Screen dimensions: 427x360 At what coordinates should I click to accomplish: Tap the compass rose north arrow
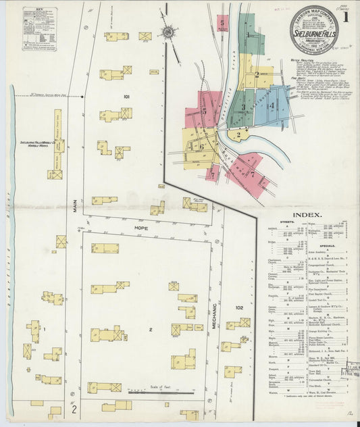point(168,31)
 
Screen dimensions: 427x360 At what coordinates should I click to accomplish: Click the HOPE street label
point(140,228)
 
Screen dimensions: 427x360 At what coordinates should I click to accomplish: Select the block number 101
point(126,97)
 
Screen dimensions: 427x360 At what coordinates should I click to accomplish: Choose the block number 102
point(238,307)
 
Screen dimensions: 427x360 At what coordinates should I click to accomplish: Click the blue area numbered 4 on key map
point(272,105)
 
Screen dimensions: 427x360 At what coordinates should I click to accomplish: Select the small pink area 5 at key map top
point(222,23)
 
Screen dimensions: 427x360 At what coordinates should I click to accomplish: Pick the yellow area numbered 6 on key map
point(201,145)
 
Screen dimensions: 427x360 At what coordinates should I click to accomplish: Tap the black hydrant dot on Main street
point(82,97)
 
